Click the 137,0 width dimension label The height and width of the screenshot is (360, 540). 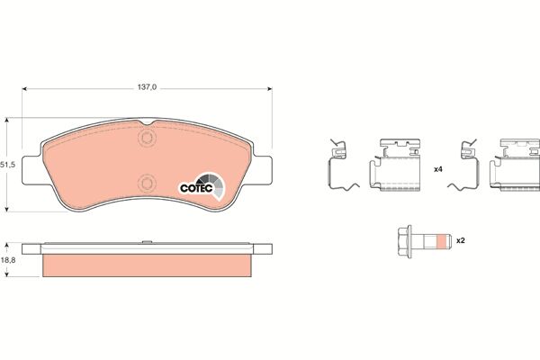(x=147, y=87)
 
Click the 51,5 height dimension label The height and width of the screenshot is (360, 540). (x=7, y=165)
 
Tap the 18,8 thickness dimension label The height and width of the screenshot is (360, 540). (x=8, y=260)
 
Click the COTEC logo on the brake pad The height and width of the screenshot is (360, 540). (x=202, y=186)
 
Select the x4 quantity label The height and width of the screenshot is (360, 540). (x=437, y=169)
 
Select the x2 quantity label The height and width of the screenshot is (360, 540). (x=461, y=240)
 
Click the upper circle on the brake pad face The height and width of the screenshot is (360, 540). (x=147, y=138)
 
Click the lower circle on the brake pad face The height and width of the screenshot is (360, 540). (x=147, y=184)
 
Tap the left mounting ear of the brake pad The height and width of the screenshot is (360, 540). (x=32, y=170)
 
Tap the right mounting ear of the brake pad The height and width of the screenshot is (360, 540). (x=262, y=170)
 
